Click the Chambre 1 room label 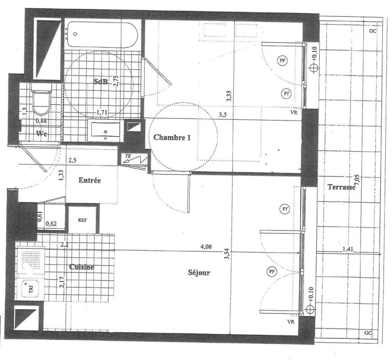pos(172,137)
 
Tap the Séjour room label pos(199,272)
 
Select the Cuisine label pos(81,267)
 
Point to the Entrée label pos(89,180)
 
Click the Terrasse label pos(342,187)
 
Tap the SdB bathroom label pos(101,81)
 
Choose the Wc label pos(41,134)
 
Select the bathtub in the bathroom pos(102,35)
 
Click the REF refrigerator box pos(83,220)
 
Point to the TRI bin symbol pos(31,289)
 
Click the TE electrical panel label pos(128,156)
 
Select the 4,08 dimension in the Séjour pos(206,247)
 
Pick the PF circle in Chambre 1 pos(282,60)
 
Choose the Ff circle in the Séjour pos(285,209)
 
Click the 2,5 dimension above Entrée pos(72,160)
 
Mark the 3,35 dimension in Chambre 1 pos(229,96)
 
